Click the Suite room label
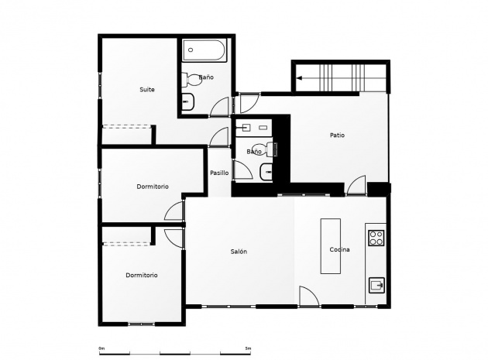tap(147, 90)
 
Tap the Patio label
tap(338, 135)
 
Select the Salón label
tap(239, 252)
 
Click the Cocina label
tap(339, 249)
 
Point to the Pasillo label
tap(219, 173)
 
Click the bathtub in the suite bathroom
tap(204, 50)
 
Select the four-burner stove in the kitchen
tap(376, 238)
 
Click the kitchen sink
tap(377, 285)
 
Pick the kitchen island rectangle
tap(331, 246)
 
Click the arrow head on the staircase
tap(299, 78)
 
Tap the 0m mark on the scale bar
tap(101, 348)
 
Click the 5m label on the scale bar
tap(248, 348)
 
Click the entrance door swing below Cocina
tap(309, 297)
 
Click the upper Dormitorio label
tap(153, 187)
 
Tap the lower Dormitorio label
tap(142, 275)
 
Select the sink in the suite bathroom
tap(188, 101)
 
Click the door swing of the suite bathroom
tap(220, 106)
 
